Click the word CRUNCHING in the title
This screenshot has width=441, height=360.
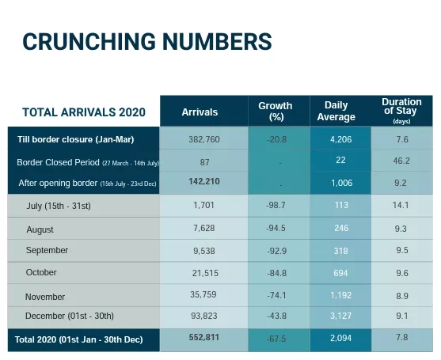(89, 42)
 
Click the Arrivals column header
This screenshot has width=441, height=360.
(200, 112)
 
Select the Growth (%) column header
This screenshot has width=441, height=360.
(276, 111)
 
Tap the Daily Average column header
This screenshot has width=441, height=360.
(336, 111)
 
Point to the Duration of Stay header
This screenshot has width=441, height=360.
(401, 111)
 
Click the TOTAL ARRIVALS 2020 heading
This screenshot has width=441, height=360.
(84, 112)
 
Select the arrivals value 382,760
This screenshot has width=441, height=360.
(204, 139)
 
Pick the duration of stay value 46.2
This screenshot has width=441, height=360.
(401, 161)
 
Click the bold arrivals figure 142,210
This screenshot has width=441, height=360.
(204, 181)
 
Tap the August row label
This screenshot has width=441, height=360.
(40, 229)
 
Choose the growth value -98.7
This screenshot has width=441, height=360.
(276, 205)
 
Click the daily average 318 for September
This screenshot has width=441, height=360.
(341, 251)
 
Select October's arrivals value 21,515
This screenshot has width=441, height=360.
(205, 273)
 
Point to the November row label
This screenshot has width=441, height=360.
(45, 297)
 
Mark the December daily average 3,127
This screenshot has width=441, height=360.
(341, 316)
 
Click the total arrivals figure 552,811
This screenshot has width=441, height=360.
(204, 337)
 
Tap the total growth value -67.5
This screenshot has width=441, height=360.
(276, 339)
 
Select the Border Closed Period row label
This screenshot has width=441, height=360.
(89, 162)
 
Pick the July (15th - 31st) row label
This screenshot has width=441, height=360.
(59, 206)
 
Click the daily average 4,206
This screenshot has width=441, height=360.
(341, 139)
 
